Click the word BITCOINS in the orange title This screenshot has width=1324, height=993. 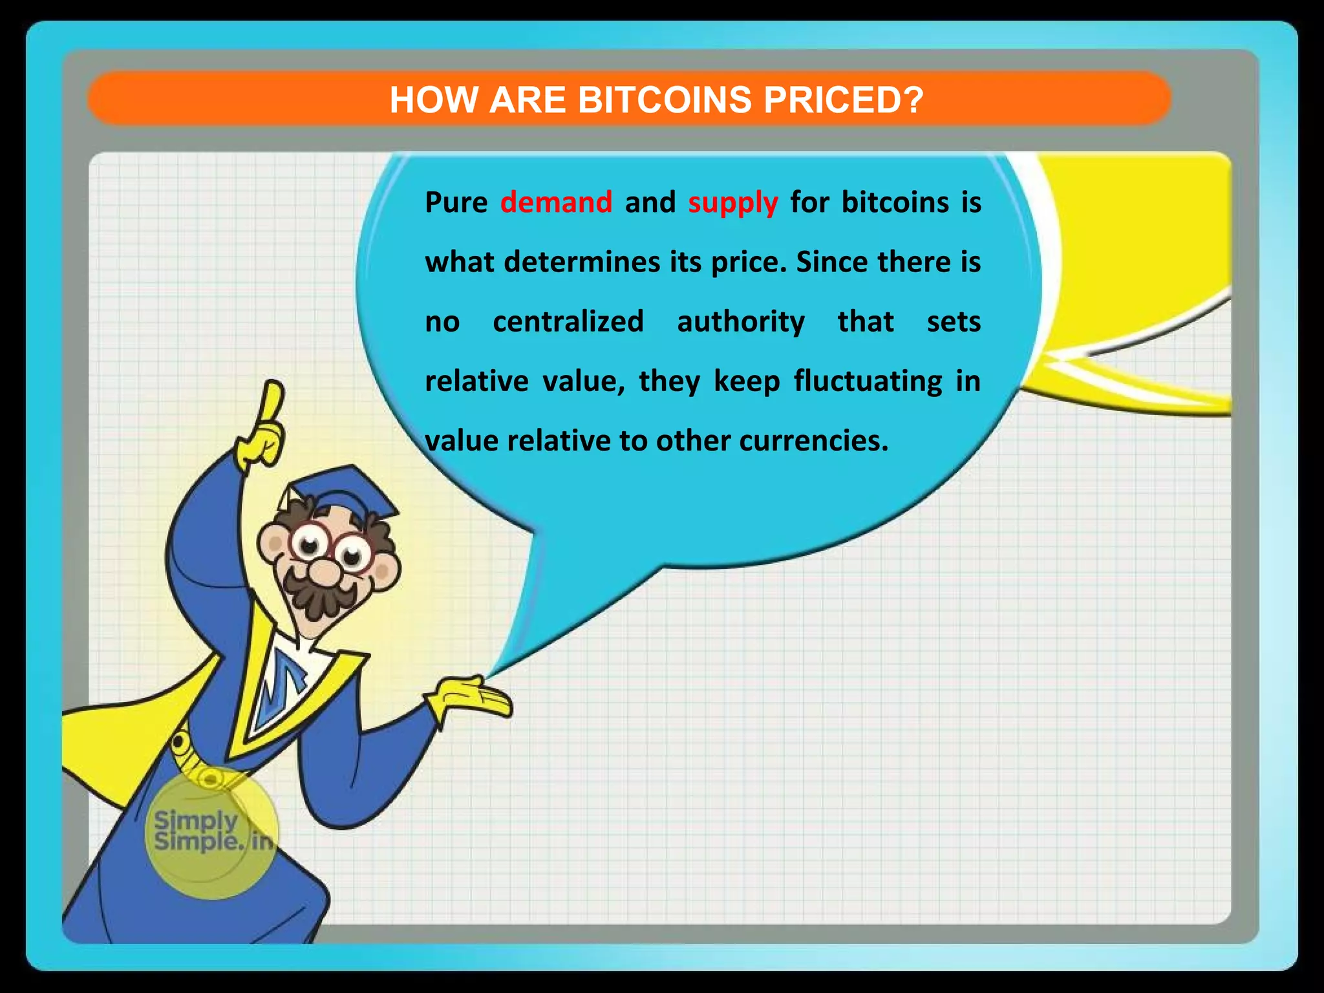pyautogui.click(x=664, y=100)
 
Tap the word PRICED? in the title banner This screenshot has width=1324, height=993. pyautogui.click(x=844, y=100)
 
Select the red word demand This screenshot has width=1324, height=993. pyautogui.click(x=556, y=202)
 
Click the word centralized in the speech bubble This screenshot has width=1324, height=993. pyautogui.click(x=568, y=321)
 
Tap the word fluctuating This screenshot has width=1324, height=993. pyautogui.click(x=868, y=381)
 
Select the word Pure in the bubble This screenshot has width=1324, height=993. pyautogui.click(x=456, y=202)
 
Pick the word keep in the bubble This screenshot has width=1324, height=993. pyautogui.click(x=747, y=381)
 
